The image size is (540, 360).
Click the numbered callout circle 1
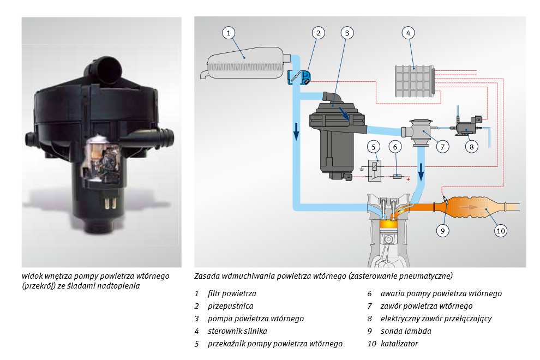point(230,33)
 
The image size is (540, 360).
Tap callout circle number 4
point(407,33)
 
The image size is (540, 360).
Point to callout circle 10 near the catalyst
point(501,231)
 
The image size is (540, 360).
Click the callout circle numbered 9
point(443,231)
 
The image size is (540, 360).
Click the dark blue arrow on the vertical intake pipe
point(296,131)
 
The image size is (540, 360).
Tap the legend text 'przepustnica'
point(231,306)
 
